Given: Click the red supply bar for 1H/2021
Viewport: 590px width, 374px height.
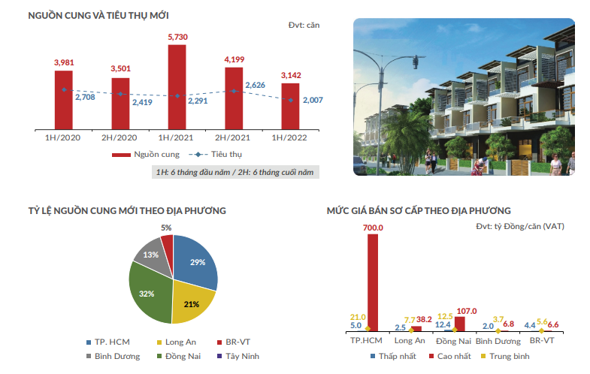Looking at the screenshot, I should pos(177,86).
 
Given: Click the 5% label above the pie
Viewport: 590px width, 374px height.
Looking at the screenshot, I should pos(166,227).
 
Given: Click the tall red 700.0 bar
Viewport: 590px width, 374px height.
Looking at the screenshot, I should pos(374,282).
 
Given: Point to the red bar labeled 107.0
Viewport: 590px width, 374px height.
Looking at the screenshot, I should pos(460,323).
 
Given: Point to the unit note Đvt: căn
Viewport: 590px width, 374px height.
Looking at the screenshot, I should pos(304,25).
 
